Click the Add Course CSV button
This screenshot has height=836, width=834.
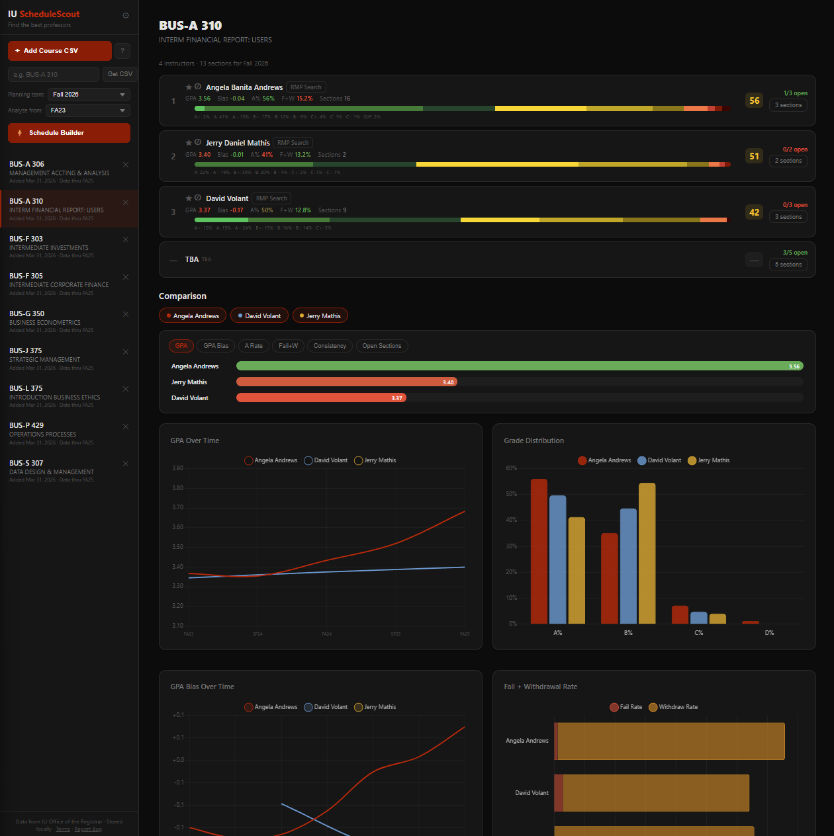coord(60,51)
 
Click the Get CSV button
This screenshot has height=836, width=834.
coord(120,74)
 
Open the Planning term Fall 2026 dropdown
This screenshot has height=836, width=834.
coord(89,95)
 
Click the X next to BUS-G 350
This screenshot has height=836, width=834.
coord(126,314)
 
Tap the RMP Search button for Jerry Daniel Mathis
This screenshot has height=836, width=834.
coord(293,143)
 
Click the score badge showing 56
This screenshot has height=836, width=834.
coord(754,101)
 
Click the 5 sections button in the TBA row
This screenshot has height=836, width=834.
coord(788,265)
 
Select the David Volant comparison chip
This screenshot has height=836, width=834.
coord(259,316)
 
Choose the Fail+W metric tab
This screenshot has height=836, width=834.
coord(288,346)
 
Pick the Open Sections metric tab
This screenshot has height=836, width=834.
coord(381,346)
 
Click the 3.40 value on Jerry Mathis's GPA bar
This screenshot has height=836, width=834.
coord(448,382)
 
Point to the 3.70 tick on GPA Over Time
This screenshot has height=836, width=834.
coord(177,507)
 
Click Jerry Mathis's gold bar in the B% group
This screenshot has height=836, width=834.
coord(647,553)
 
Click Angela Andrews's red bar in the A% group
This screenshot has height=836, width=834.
coord(539,551)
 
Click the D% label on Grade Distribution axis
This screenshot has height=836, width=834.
coord(769,633)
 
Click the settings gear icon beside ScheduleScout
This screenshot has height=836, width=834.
coord(126,15)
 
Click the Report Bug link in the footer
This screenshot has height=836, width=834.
coord(88,829)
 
